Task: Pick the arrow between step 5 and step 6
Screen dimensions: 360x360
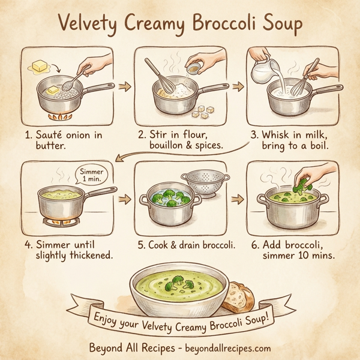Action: (236, 199)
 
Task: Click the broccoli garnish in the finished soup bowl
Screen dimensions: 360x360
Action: (178, 280)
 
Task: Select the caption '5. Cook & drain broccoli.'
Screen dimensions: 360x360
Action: (187, 245)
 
